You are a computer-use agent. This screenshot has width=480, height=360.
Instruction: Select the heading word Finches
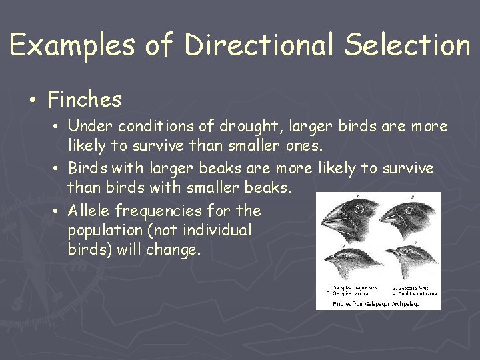coord(85,100)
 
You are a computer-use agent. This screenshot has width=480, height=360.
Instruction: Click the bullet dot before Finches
coord(33,101)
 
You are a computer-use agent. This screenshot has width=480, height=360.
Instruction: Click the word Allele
coord(90,211)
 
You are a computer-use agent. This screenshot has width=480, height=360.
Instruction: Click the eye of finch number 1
coord(358,209)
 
